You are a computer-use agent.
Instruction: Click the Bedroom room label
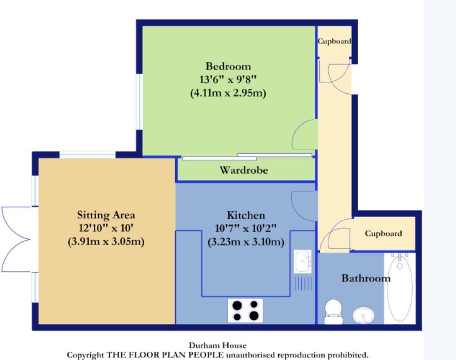click(228, 67)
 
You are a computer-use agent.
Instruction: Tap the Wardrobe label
click(244, 170)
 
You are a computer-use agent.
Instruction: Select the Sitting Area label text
click(106, 215)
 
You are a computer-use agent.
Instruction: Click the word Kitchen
click(246, 216)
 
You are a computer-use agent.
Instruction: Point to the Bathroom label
click(366, 278)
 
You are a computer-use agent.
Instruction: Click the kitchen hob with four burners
click(245, 310)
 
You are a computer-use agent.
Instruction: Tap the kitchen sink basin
click(302, 261)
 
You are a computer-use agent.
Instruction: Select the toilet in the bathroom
click(333, 312)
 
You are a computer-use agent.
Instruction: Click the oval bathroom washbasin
click(364, 316)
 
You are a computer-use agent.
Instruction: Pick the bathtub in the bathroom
click(400, 288)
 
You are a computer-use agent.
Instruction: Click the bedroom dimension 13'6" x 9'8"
click(228, 79)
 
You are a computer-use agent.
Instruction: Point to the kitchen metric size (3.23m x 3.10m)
click(246, 242)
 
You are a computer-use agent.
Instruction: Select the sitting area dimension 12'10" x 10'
click(106, 228)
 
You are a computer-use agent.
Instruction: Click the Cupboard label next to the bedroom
click(334, 41)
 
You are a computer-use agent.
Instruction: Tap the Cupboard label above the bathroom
click(383, 234)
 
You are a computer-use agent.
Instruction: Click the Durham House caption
click(218, 346)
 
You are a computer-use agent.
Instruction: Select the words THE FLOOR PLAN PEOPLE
click(165, 355)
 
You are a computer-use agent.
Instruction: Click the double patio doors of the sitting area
click(16, 239)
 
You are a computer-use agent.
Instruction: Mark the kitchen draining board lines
click(303, 284)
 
